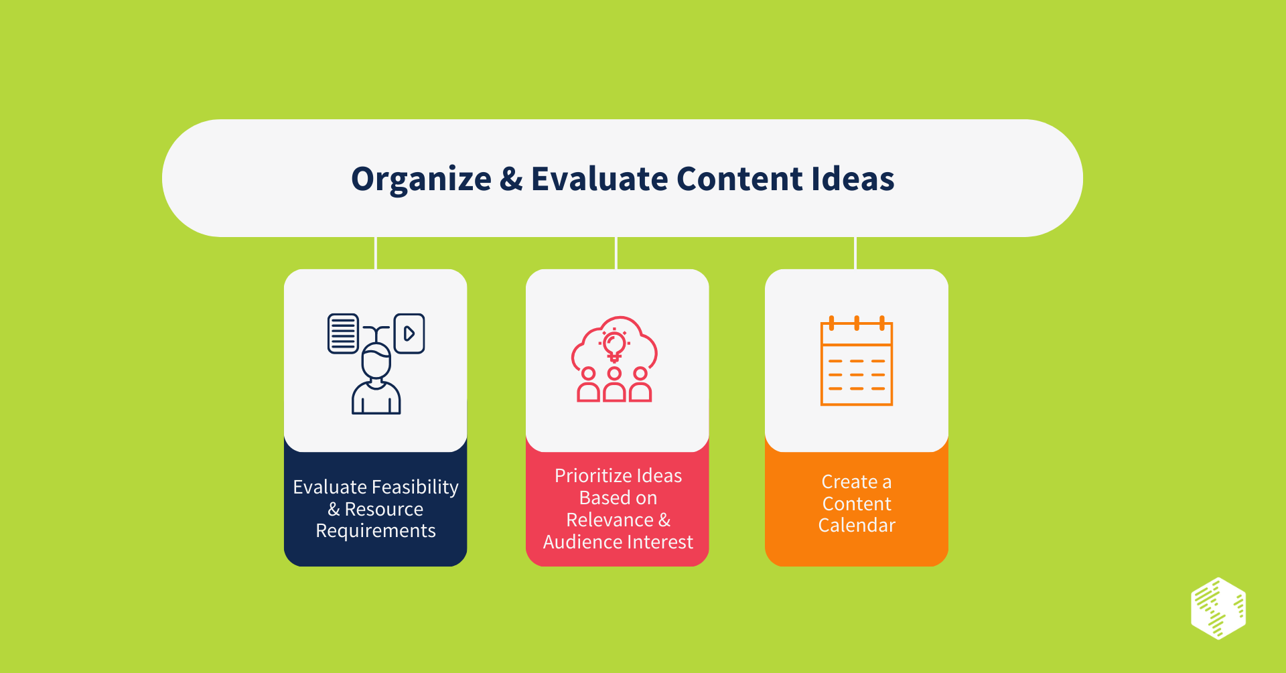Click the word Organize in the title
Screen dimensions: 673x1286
coord(421,179)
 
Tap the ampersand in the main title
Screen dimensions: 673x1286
coord(511,179)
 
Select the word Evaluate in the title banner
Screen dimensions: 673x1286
coord(599,179)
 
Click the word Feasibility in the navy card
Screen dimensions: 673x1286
coord(415,487)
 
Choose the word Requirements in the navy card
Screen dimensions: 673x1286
coord(376,531)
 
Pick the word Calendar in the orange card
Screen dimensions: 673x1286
coord(857,526)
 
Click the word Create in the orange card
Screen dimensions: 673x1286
coord(849,482)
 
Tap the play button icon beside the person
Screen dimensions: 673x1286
coord(409,333)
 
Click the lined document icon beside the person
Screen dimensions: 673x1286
coord(343,333)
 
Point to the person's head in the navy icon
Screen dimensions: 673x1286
coord(376,362)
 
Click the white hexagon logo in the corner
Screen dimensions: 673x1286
coord(1218,608)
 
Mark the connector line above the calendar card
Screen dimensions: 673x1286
coord(855,253)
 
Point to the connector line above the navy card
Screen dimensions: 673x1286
coord(376,253)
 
